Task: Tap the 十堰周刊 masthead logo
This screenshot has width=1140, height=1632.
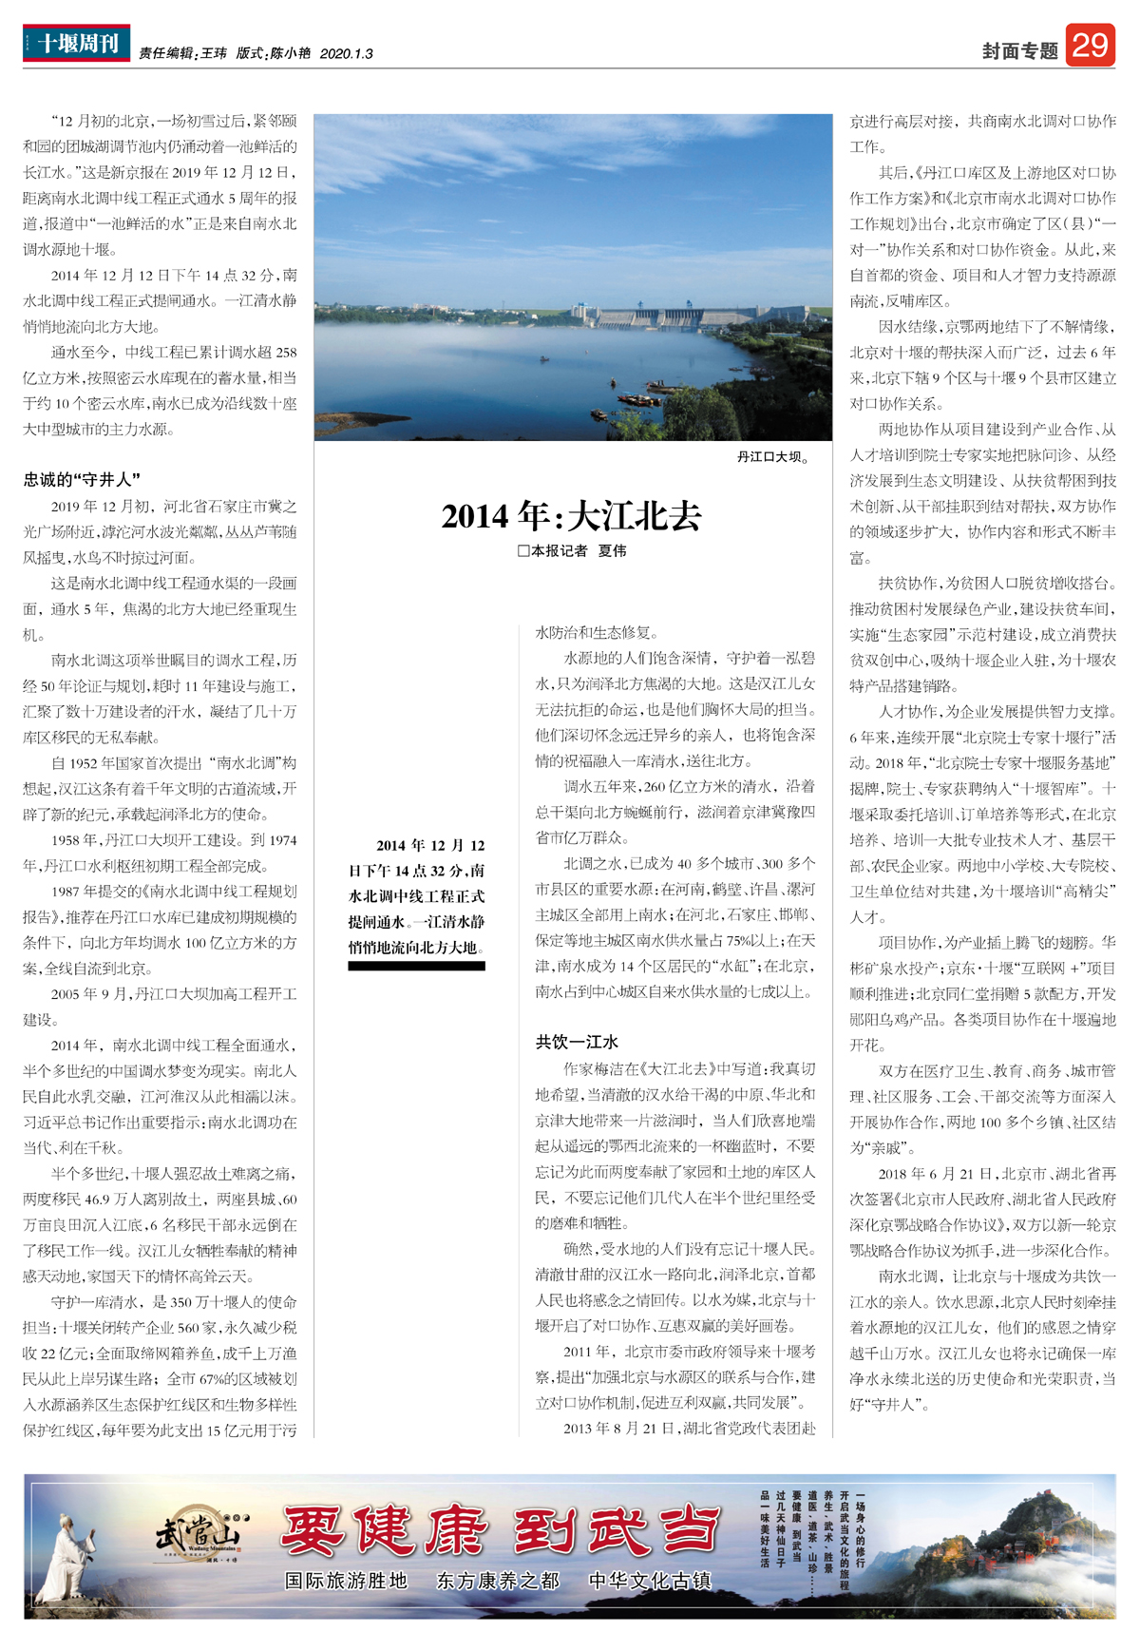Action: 77,44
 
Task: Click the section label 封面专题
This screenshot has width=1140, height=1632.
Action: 1019,51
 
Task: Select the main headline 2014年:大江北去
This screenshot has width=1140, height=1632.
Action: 571,516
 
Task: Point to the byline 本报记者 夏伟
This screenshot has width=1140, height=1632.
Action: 572,551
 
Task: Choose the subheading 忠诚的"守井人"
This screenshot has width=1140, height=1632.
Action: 83,480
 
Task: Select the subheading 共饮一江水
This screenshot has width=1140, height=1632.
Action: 577,1042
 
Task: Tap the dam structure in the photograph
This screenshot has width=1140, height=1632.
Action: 665,317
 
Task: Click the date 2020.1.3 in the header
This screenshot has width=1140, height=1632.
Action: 347,54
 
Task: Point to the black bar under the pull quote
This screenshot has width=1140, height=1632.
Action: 416,967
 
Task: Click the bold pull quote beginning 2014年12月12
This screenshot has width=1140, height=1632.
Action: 416,896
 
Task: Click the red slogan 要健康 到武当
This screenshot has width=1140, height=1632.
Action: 500,1530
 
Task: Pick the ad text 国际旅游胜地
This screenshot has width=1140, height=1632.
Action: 346,1581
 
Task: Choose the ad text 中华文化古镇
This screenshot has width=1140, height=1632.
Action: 650,1581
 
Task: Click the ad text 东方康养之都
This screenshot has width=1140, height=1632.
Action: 498,1581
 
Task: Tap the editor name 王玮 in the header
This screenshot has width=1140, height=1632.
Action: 214,54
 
